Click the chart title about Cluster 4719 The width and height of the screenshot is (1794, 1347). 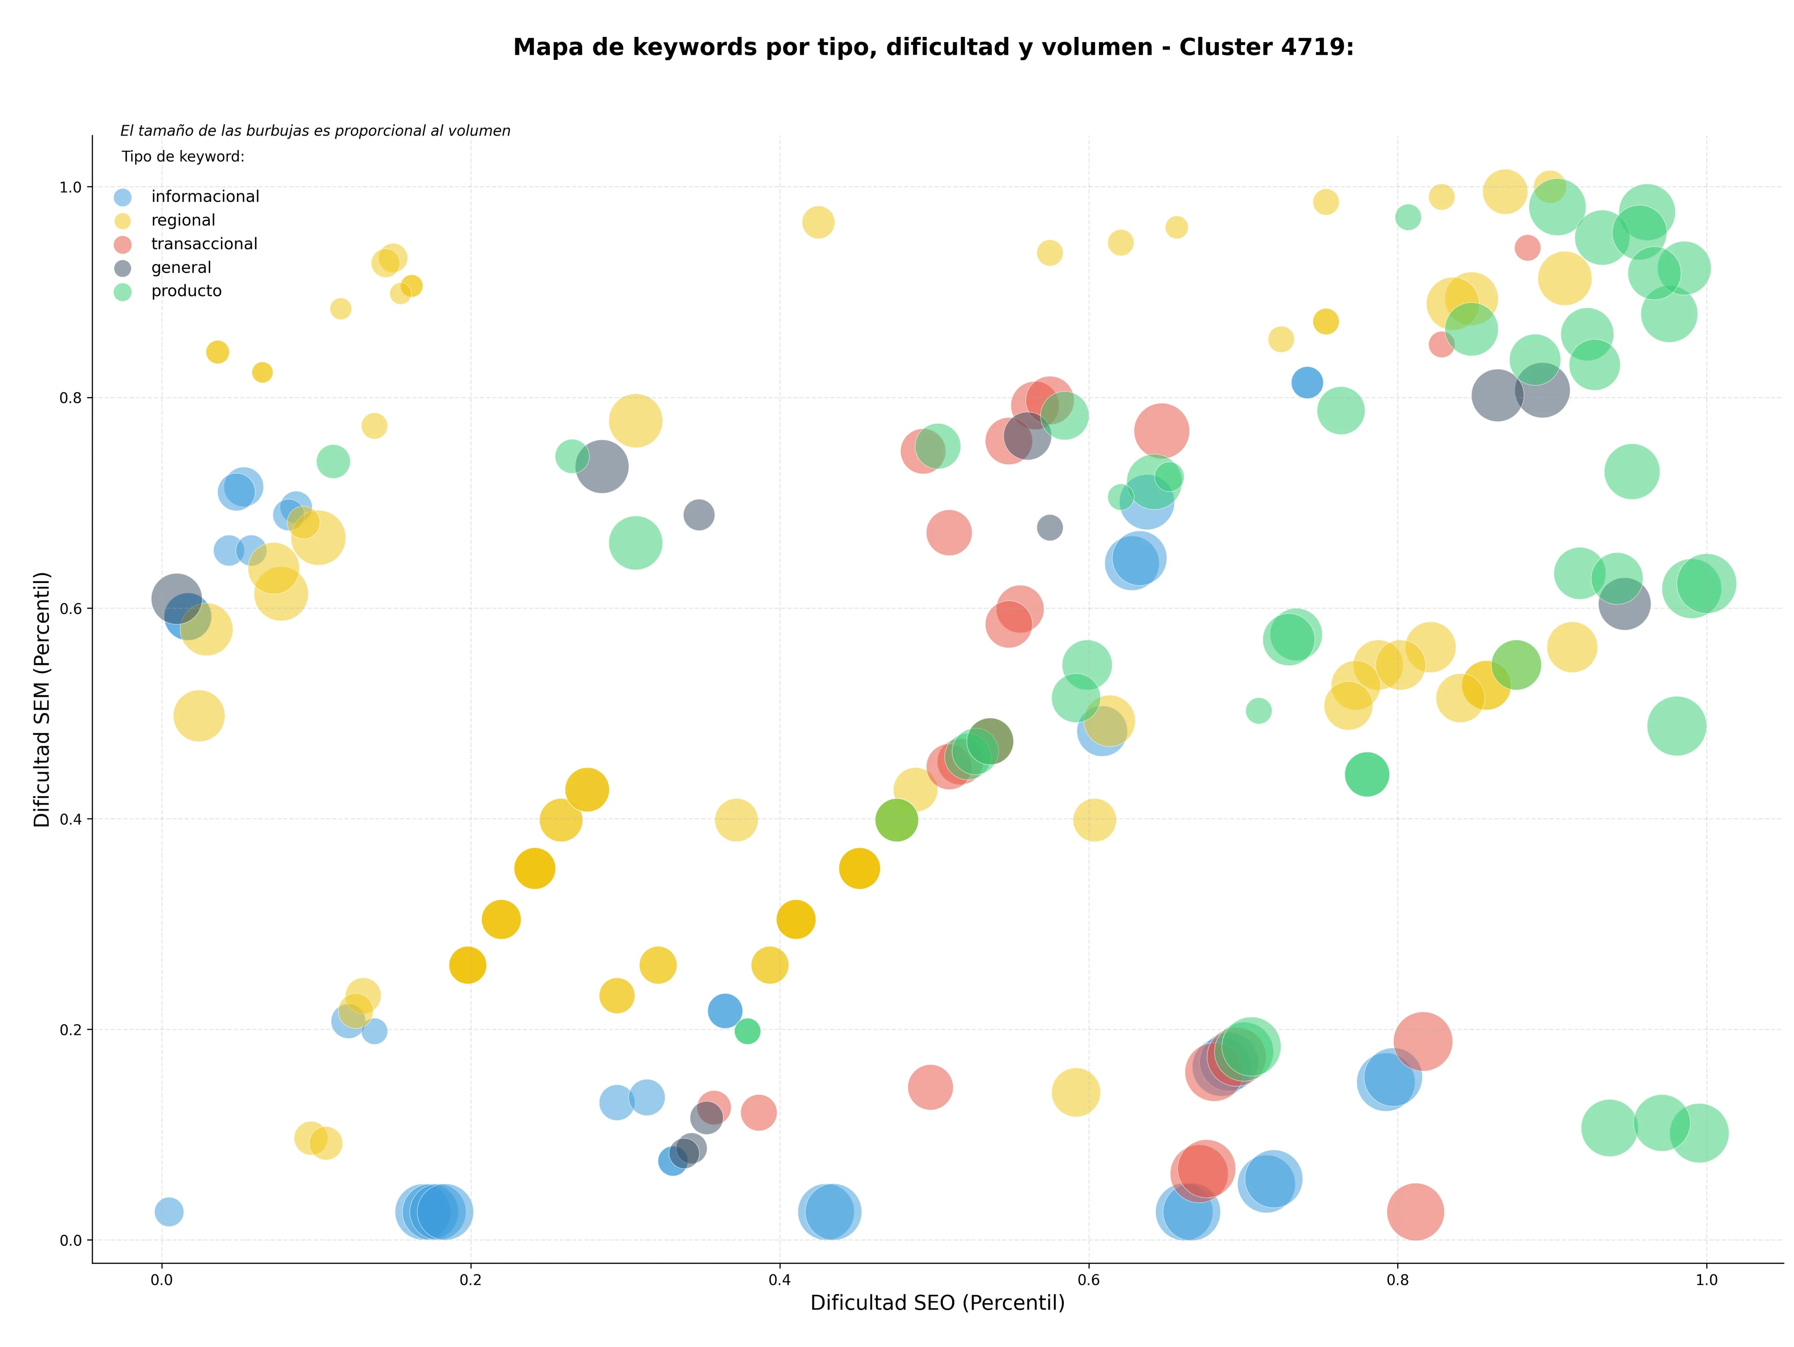pos(933,47)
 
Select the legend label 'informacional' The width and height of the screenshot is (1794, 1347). pos(205,197)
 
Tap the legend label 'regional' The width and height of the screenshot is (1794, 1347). pos(183,221)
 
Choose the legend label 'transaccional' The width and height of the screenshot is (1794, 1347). pos(204,244)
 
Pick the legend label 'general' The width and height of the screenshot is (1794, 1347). pos(181,268)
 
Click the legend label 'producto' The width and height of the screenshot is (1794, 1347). pos(186,291)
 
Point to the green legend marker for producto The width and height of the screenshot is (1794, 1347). pos(122,292)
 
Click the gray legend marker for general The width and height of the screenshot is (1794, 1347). pos(122,269)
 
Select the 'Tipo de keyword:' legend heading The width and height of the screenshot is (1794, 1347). pos(183,157)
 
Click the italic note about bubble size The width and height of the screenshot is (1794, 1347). pos(315,130)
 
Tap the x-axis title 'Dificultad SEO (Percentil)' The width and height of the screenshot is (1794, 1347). pos(938,1303)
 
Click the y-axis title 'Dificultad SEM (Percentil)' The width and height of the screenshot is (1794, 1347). pos(42,699)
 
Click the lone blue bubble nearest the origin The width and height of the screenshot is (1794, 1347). pos(169,1212)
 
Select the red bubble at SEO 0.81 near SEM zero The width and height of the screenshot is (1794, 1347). pos(1415,1212)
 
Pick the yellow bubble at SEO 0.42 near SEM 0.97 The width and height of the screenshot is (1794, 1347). pos(819,222)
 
